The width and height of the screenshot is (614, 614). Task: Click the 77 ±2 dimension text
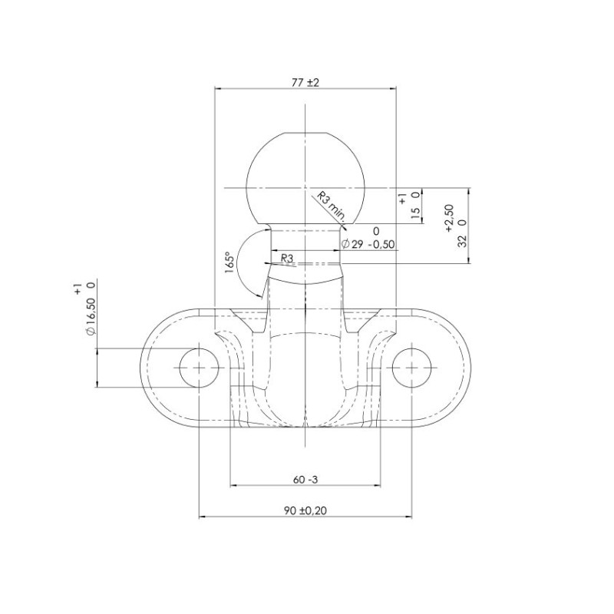(x=305, y=83)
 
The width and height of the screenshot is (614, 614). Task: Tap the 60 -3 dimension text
(x=305, y=480)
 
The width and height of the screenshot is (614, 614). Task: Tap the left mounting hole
(x=198, y=368)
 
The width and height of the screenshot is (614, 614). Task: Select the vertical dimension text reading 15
(x=415, y=213)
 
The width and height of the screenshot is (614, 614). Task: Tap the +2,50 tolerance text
(x=449, y=217)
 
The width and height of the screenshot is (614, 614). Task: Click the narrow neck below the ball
(x=305, y=242)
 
